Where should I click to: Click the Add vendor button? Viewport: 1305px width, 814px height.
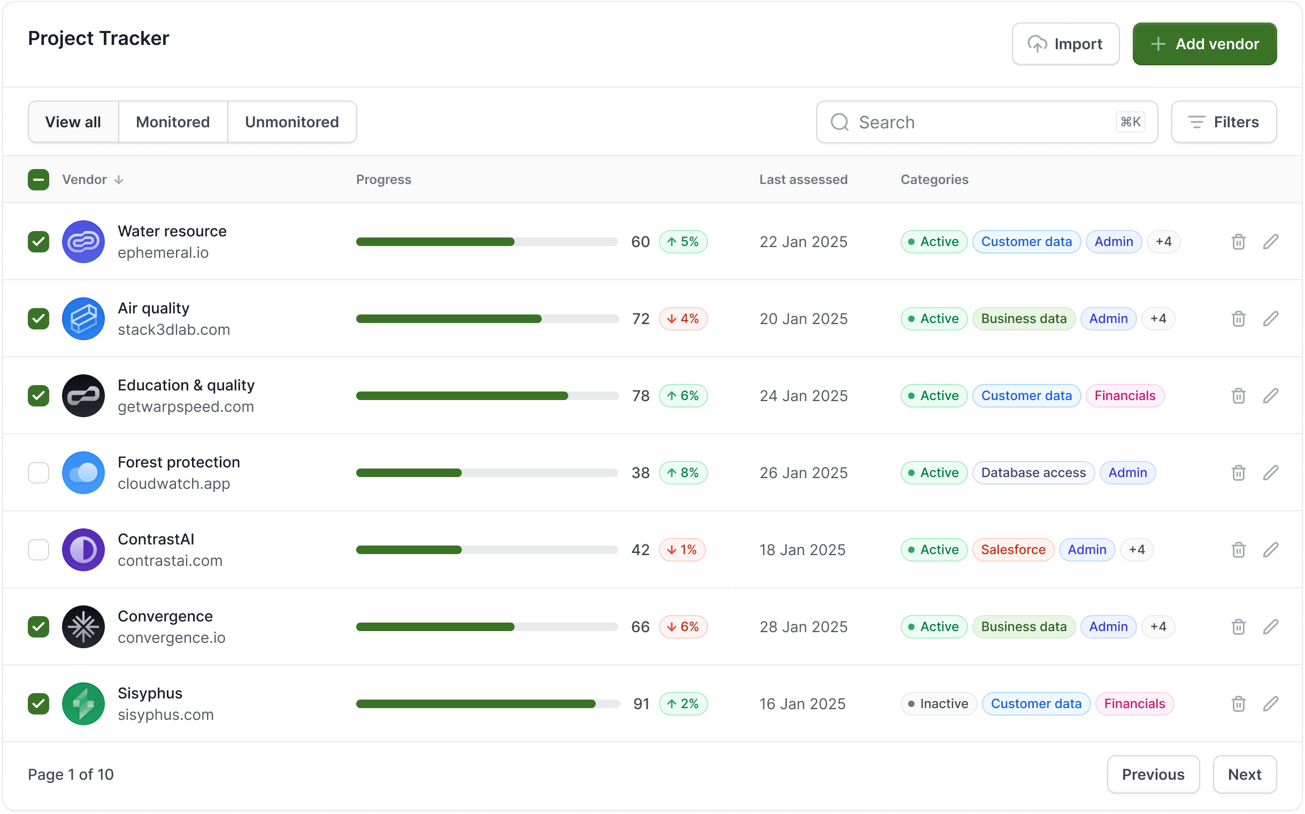(1204, 44)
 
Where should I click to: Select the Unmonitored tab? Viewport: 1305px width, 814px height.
(291, 122)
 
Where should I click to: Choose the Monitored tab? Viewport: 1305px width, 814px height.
(172, 122)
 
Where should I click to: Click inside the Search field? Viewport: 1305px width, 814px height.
(980, 122)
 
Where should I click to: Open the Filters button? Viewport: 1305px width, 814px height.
(1223, 122)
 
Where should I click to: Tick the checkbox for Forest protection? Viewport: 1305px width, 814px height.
(38, 473)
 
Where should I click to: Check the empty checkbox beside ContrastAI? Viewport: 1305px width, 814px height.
(38, 550)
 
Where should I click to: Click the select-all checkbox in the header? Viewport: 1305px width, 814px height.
(38, 179)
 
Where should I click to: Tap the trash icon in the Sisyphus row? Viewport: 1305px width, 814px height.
(1238, 704)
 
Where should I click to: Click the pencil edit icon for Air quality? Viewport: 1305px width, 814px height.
(1271, 319)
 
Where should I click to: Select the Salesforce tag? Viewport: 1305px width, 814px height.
(1012, 550)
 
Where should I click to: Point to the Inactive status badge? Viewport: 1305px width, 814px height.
(939, 704)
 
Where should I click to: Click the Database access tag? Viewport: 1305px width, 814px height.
(1033, 473)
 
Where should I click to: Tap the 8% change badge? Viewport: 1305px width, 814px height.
(682, 473)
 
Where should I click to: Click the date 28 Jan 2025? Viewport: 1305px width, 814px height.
(803, 627)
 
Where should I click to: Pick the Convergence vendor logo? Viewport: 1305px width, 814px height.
(83, 627)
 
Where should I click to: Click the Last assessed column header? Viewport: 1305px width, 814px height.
(803, 179)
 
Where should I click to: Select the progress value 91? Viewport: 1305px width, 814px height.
(641, 704)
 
